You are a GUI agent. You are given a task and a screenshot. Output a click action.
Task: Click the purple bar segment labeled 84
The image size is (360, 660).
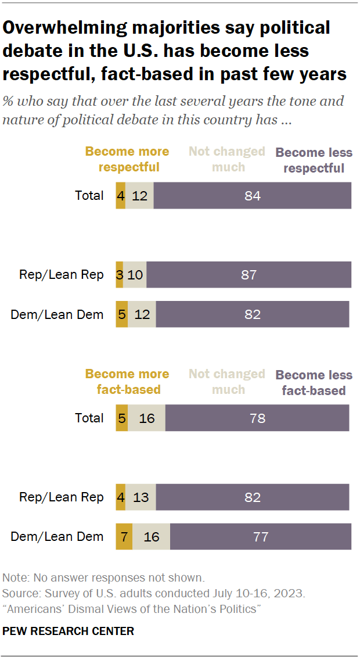252,195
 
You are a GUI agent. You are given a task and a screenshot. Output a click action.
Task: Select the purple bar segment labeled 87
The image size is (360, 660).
249,275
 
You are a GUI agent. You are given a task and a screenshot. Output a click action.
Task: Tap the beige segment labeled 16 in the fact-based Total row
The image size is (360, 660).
146,418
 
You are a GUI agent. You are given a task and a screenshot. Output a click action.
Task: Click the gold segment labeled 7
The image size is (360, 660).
124,536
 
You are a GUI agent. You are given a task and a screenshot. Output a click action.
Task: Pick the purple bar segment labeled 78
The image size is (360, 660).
257,418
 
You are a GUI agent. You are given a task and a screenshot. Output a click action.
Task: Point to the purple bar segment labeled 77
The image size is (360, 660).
261,536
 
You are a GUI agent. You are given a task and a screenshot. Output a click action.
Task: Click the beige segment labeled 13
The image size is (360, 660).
141,497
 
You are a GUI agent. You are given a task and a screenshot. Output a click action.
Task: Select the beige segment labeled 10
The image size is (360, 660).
135,275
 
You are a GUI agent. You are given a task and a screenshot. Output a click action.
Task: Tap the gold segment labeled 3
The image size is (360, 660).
119,275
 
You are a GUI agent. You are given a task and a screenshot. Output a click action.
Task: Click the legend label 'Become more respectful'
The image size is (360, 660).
127,159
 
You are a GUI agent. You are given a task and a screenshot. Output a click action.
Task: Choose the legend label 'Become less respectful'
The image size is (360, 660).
314,160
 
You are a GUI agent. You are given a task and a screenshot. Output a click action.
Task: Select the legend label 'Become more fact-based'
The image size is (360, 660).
127,382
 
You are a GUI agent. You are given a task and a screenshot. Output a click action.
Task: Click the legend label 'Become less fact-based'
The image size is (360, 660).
314,383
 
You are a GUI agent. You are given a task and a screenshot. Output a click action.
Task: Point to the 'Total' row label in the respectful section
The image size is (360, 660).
89,195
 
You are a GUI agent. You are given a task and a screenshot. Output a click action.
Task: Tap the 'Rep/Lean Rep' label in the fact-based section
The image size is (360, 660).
62,497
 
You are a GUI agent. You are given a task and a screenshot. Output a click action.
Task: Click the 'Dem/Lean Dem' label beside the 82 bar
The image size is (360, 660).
57,314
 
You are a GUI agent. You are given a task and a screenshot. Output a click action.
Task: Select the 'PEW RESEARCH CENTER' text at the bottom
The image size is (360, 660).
68,631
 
